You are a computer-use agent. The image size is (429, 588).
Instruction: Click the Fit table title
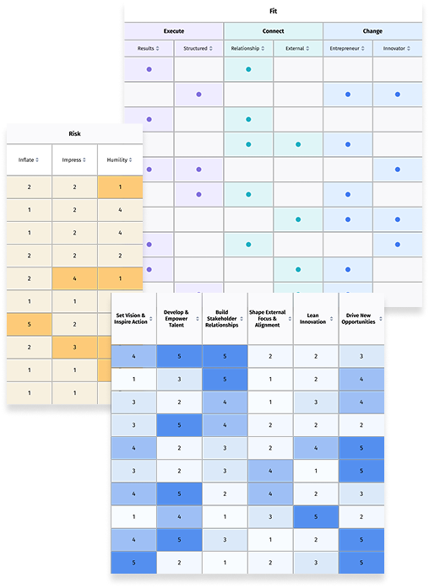(274, 11)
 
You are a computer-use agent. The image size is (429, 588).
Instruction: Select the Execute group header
(174, 31)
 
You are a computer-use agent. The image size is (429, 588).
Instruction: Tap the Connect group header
(274, 31)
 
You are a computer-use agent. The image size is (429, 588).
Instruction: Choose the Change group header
(372, 31)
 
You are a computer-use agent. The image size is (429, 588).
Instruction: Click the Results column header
(149, 48)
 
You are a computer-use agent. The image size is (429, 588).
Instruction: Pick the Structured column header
(198, 48)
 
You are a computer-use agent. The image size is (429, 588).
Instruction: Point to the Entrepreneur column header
(348, 48)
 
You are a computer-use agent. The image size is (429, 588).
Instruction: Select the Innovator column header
(397, 48)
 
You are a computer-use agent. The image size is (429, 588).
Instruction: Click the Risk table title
(74, 133)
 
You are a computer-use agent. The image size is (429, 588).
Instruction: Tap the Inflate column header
(29, 159)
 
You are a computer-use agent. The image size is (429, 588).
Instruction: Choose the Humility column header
(120, 159)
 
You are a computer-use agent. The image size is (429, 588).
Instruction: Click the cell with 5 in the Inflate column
(29, 325)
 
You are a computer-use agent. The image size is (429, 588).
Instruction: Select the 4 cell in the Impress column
(74, 278)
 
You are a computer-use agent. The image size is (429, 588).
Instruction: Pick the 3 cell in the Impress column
(74, 348)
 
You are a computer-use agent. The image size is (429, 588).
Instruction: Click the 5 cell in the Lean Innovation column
(316, 517)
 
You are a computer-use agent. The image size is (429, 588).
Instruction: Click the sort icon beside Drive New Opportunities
(381, 319)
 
